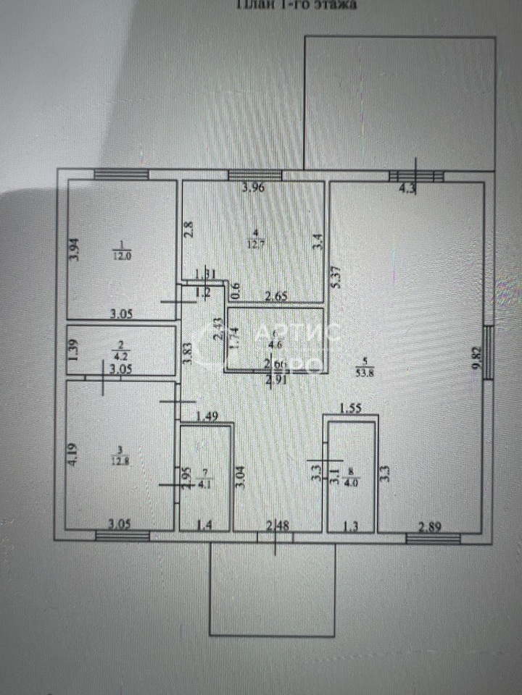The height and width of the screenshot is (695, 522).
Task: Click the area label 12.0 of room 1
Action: pyautogui.click(x=121, y=254)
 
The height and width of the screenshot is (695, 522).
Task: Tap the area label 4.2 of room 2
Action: pyautogui.click(x=122, y=355)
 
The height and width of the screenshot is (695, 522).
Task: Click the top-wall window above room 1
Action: pyautogui.click(x=121, y=174)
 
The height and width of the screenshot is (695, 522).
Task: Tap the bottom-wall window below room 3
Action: pyautogui.click(x=123, y=536)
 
